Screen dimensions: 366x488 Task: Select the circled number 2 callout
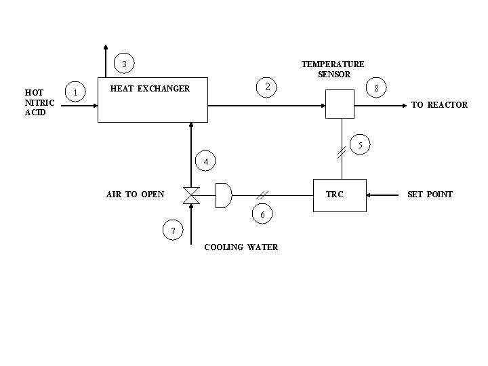point(268,87)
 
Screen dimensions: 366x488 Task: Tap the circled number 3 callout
point(124,64)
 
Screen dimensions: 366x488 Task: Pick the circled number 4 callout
point(206,161)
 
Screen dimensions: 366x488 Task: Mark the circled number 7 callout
point(173,231)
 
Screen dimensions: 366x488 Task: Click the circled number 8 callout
point(376,89)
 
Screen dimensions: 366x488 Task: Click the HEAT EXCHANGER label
point(150,89)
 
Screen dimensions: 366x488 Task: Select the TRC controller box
point(338,195)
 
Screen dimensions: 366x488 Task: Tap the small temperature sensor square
point(339,105)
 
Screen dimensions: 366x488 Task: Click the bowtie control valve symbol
point(191,195)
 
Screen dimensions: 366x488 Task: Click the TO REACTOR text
point(439,105)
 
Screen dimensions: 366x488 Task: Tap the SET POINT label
point(430,195)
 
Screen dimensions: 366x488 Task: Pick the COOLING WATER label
point(241,247)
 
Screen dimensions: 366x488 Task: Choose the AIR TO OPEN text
point(135,195)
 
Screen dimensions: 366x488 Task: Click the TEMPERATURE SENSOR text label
point(333,69)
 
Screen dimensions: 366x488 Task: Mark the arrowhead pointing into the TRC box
point(370,195)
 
